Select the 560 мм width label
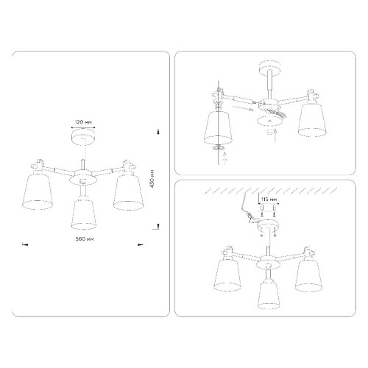pos(82,240)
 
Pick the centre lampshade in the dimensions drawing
pos(82,212)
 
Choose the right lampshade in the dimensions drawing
pos(127,191)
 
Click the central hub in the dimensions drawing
pos(82,177)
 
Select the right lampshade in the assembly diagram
pos(312,118)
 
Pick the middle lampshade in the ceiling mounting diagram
pos(269,293)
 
